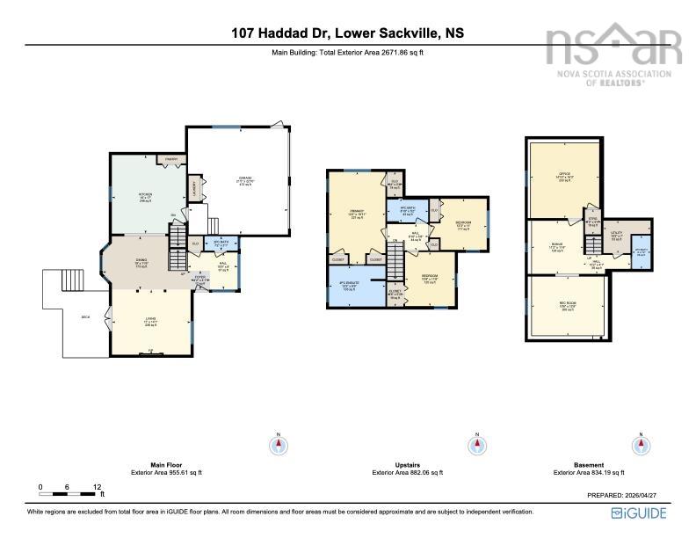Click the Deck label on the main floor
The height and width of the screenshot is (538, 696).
coord(85,317)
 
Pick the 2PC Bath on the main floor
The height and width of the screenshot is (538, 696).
coord(197,244)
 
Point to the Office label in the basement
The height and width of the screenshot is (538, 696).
coord(564,176)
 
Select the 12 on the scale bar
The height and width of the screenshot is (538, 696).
coord(97,486)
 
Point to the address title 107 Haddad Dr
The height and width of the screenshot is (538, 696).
coord(348,33)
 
